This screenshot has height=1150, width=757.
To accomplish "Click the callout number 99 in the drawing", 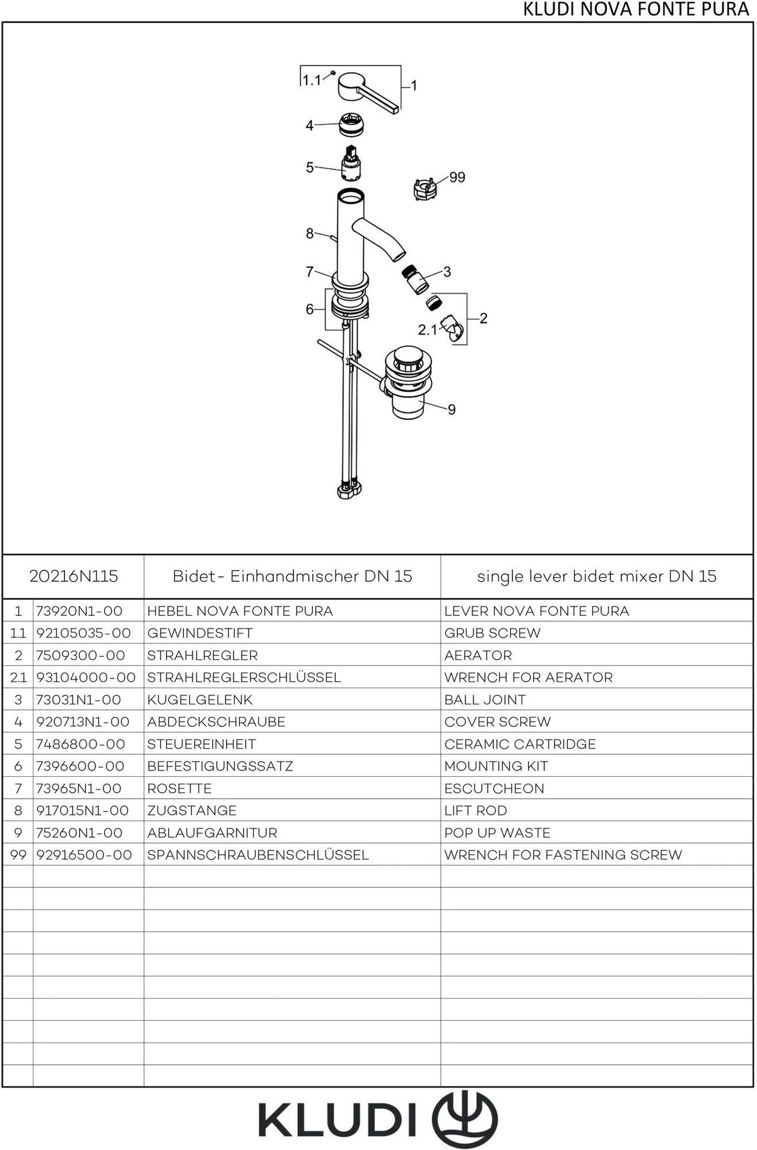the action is [x=457, y=177].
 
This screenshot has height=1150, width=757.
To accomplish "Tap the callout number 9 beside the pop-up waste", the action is [x=452, y=410].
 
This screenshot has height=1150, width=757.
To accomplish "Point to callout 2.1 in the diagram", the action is [x=428, y=330].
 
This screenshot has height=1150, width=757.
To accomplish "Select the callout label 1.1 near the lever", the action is [x=311, y=80].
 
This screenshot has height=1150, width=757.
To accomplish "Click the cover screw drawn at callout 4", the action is [x=351, y=125].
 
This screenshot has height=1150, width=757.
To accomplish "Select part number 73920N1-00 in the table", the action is [x=79, y=611].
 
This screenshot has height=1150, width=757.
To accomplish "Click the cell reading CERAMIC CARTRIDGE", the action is [x=520, y=744].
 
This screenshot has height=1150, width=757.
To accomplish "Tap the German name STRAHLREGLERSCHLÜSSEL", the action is [x=244, y=677].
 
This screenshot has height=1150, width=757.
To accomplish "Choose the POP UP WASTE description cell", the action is [x=497, y=833].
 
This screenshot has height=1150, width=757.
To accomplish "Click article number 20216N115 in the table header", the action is [x=74, y=576].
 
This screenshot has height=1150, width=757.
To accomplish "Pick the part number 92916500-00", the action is [x=85, y=855].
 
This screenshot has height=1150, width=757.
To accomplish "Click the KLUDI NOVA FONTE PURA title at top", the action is [x=637, y=10].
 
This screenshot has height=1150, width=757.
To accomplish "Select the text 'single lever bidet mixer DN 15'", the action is [x=597, y=576].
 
